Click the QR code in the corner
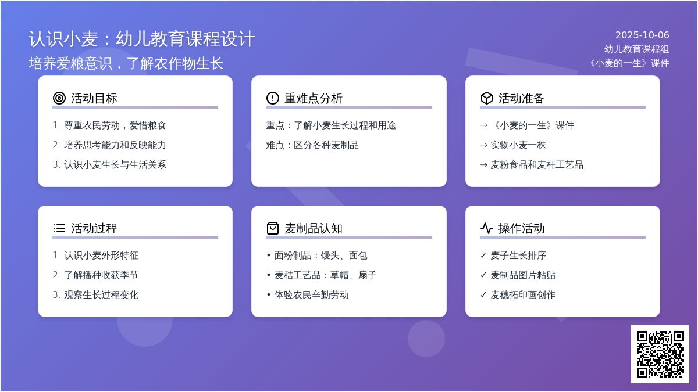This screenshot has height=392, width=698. (x=660, y=354)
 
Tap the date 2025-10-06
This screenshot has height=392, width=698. (x=642, y=35)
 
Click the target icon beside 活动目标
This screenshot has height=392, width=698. (x=59, y=98)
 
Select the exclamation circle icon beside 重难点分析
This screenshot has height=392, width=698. (x=273, y=98)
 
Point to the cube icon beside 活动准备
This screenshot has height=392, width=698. (x=487, y=98)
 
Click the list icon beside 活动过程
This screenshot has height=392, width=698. (x=59, y=228)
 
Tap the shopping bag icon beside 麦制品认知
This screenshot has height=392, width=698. (x=273, y=228)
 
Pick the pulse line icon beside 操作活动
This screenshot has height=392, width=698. (x=487, y=228)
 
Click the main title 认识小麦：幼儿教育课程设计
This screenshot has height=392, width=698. (x=142, y=39)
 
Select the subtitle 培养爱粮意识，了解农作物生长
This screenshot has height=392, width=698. (x=126, y=63)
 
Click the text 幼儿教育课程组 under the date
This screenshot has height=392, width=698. (x=636, y=49)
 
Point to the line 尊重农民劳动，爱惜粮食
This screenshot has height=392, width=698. (x=115, y=125)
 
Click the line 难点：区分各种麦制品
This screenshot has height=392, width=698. (x=312, y=145)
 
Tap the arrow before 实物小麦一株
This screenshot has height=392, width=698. (x=483, y=145)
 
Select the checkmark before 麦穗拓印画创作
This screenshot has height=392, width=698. (x=483, y=294)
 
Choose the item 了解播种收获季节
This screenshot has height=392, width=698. (x=101, y=275)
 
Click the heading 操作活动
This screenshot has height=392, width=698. (x=521, y=228)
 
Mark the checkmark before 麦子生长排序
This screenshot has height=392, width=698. (x=483, y=255)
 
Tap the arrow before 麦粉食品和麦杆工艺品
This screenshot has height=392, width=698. (x=483, y=165)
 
